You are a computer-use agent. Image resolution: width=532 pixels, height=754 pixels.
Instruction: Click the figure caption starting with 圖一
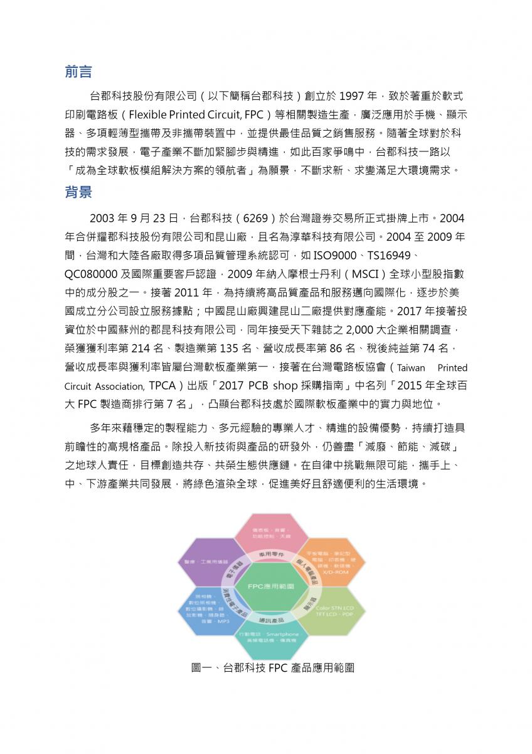tap(272, 668)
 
